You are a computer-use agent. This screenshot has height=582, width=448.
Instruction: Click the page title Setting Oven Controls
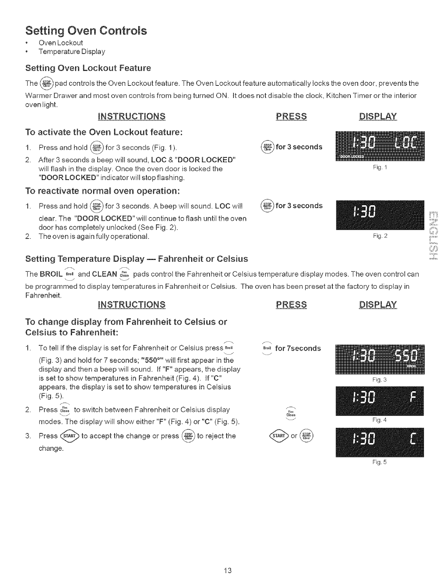86,30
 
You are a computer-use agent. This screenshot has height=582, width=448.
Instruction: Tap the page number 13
227,570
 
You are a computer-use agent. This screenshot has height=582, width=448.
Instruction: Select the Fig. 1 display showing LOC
380,146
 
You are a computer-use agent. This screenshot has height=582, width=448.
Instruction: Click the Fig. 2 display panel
380,215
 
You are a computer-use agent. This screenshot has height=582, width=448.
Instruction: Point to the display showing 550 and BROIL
380,359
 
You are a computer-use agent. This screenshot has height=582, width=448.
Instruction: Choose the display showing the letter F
380,401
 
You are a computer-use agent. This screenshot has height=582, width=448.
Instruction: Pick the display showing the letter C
380,442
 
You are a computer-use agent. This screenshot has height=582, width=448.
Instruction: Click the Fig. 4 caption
380,420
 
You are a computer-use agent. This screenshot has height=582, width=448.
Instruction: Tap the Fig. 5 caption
380,462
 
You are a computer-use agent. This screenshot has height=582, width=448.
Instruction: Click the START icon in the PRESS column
280,436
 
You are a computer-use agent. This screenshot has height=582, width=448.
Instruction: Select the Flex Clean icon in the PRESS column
291,413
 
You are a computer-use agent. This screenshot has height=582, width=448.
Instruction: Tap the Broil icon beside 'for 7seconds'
267,348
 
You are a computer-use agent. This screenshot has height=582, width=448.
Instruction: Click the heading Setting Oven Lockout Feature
88,68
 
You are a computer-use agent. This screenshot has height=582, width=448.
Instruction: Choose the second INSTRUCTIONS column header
131,304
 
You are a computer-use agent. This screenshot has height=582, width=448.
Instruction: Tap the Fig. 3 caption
380,380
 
